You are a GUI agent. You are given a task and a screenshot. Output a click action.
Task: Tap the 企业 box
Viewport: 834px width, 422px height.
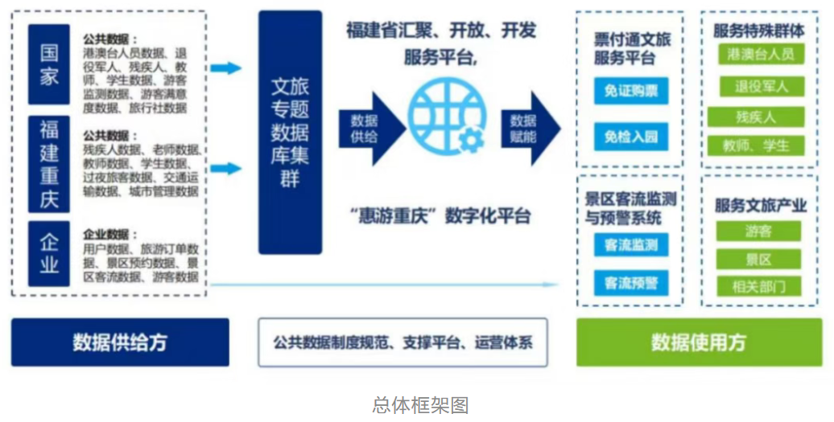tap(49, 253)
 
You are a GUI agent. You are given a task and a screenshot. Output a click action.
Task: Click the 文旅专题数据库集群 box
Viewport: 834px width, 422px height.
tap(290, 133)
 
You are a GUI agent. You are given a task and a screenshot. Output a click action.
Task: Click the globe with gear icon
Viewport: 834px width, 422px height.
tap(448, 121)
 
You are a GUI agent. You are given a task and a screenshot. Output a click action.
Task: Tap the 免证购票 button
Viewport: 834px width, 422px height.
tap(631, 91)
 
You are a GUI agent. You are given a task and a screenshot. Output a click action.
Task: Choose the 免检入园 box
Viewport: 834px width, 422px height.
tap(631, 136)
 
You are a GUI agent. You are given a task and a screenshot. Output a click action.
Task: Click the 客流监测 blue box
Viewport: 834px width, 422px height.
tap(631, 244)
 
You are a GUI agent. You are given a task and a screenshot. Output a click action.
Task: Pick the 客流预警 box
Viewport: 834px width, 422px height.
tap(631, 282)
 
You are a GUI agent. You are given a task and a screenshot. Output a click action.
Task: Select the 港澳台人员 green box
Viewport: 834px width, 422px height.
tap(760, 54)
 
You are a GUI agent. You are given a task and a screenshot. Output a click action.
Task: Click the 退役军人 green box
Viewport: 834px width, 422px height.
tap(760, 86)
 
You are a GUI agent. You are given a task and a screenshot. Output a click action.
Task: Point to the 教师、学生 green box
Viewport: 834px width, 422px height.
tap(757, 145)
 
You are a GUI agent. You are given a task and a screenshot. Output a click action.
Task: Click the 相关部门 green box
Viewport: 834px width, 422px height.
tap(759, 285)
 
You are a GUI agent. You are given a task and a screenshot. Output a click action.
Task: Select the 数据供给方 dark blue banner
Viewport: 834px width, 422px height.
tap(120, 342)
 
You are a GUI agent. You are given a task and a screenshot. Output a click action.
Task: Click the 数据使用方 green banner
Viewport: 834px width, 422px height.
tap(698, 342)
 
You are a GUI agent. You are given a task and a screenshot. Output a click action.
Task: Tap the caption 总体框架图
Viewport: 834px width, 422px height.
tap(420, 404)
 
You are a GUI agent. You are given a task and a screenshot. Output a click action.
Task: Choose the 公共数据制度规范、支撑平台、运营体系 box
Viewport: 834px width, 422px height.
tap(403, 342)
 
